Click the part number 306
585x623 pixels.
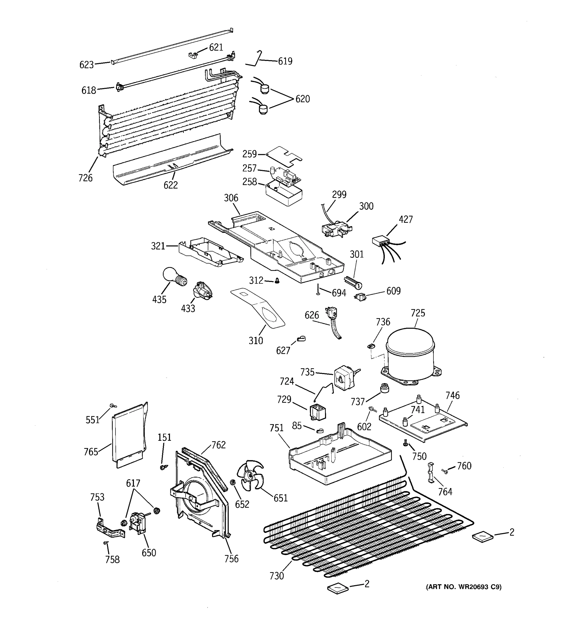click(231, 198)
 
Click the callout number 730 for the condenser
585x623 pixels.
click(276, 576)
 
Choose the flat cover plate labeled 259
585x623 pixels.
click(284, 155)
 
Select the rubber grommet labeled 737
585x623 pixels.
click(384, 388)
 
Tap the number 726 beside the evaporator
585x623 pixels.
click(85, 178)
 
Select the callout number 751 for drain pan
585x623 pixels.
click(276, 428)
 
